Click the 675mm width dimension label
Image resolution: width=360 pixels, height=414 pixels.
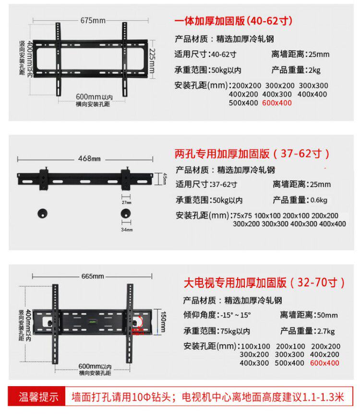[93, 20]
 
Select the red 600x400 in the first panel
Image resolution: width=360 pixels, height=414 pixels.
[277, 103]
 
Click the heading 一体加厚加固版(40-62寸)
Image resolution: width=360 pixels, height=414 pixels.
[233, 22]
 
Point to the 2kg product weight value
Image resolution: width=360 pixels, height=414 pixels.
[315, 70]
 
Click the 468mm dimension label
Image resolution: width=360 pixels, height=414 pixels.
[90, 159]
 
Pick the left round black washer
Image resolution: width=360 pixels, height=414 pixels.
[42, 214]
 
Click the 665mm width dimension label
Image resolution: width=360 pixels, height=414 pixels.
[93, 276]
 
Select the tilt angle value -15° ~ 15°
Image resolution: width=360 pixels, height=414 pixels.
[236, 316]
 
